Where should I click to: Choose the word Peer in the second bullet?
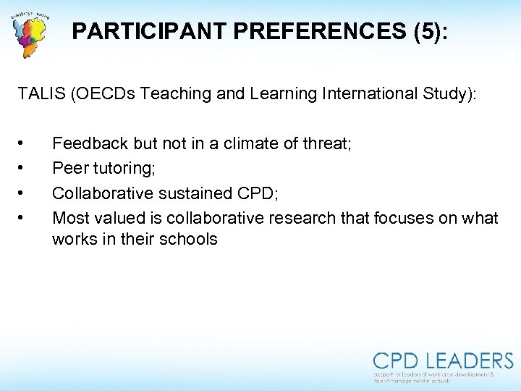[69, 168]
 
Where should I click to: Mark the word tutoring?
[120, 168]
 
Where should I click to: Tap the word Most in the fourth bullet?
[71, 217]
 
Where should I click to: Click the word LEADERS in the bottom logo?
[470, 361]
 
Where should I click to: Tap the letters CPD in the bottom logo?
[397, 361]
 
